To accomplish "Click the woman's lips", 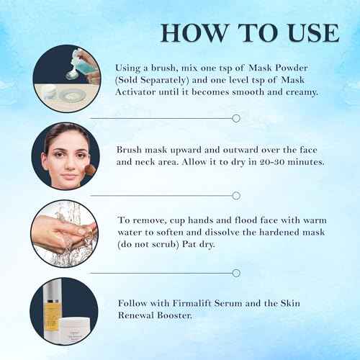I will pos(63,173).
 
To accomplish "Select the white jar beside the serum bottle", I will pos(77,326).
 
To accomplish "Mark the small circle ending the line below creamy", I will pos(235,117).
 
